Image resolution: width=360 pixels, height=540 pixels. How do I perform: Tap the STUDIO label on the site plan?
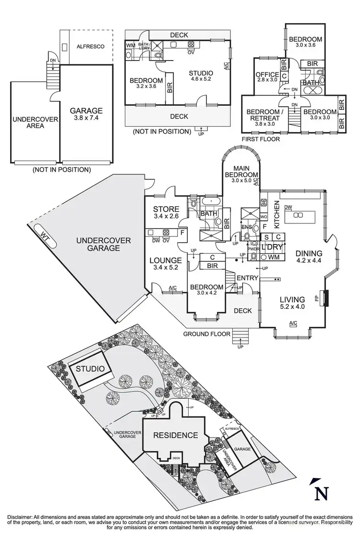(90, 369)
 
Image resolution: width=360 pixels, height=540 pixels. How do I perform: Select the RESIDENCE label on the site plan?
(175, 435)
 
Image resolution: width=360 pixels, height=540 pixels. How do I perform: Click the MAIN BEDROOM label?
(242, 178)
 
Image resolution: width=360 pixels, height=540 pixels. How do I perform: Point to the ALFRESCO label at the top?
(90, 47)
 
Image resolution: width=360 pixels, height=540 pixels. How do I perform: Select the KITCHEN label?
(277, 213)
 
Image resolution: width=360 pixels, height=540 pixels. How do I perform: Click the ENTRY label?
(247, 278)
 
